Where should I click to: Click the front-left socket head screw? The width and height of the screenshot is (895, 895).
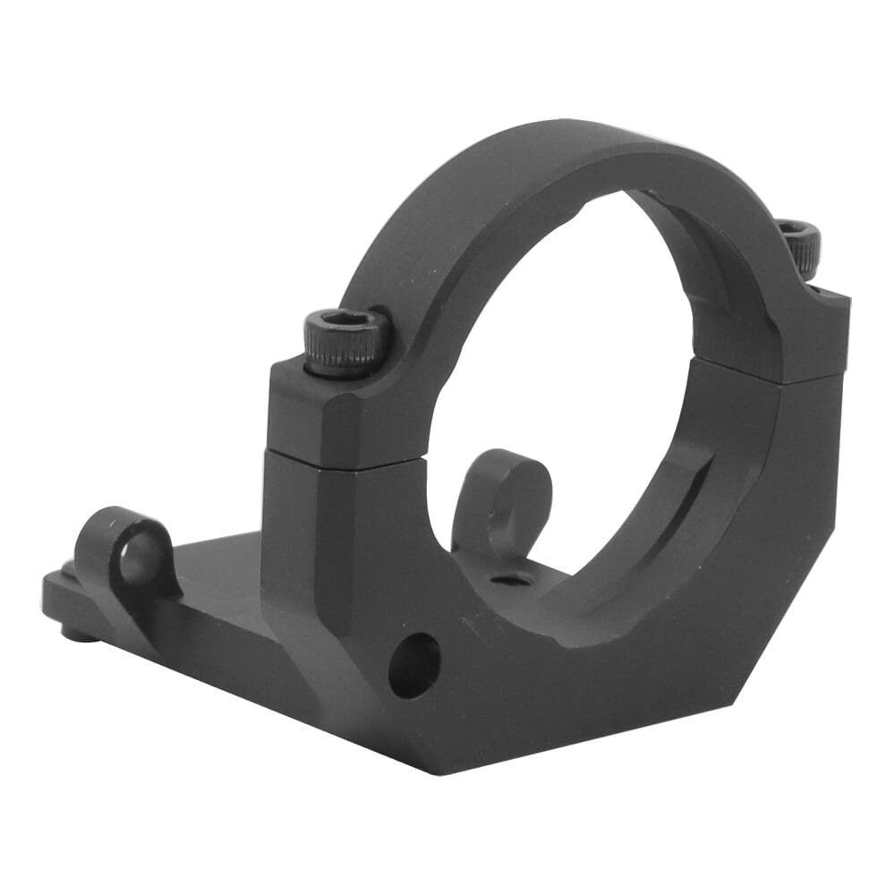pos(347,342)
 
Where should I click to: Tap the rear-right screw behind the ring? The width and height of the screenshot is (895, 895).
pos(800,247)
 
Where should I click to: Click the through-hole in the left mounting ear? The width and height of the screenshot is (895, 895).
pos(136,559)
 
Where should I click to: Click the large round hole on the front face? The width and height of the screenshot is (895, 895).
pos(414,665)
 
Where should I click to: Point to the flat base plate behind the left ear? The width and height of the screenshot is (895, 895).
pos(215,573)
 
